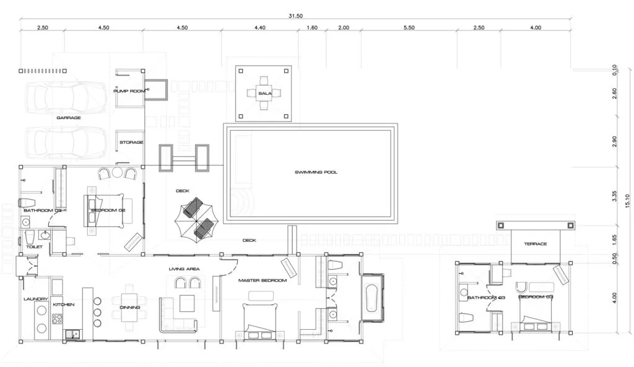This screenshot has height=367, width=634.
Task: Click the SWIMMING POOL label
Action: pyautogui.click(x=316, y=172)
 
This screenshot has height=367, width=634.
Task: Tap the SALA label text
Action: pyautogui.click(x=266, y=94)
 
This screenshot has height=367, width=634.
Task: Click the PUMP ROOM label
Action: pyautogui.click(x=129, y=91)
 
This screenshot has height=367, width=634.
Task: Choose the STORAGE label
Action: pyautogui.click(x=131, y=143)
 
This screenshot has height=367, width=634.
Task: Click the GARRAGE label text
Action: pyautogui.click(x=69, y=117)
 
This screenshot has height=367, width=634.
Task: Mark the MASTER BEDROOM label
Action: pyautogui.click(x=263, y=281)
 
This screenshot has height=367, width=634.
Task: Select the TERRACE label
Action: pyautogui.click(x=536, y=244)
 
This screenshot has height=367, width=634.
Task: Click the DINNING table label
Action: pyautogui.click(x=129, y=307)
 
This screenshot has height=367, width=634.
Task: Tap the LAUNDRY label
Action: pyautogui.click(x=36, y=299)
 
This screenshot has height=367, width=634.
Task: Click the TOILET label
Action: pyautogui.click(x=35, y=246)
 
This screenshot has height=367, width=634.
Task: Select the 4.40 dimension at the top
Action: pyautogui.click(x=259, y=27)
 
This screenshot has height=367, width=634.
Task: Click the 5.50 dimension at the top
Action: pyautogui.click(x=409, y=27)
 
